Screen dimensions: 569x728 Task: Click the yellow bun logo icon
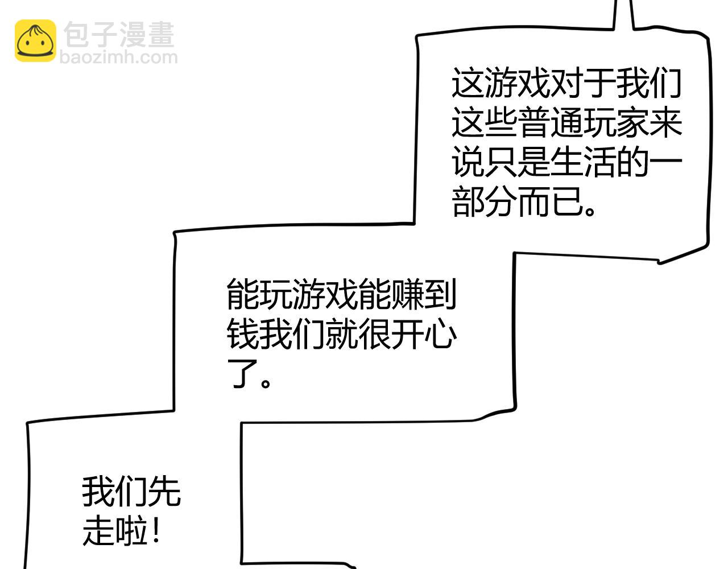click(35, 40)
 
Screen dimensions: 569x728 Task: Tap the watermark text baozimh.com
click(118, 57)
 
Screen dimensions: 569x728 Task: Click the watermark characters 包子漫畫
click(119, 35)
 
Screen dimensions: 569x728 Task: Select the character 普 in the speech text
click(533, 123)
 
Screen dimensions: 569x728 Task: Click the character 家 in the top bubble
click(632, 123)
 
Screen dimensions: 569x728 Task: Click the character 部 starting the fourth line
click(468, 201)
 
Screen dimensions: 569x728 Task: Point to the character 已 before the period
click(566, 201)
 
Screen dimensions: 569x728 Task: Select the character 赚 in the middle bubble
click(407, 294)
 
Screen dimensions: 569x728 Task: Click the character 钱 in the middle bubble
click(242, 333)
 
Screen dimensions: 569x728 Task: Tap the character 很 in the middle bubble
click(374, 333)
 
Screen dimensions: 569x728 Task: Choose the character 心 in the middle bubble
click(440, 333)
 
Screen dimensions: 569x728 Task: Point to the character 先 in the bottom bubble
click(164, 491)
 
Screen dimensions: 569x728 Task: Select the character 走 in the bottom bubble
click(98, 530)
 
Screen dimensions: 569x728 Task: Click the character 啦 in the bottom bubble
click(131, 530)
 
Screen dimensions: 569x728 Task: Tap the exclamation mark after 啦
click(156, 530)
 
